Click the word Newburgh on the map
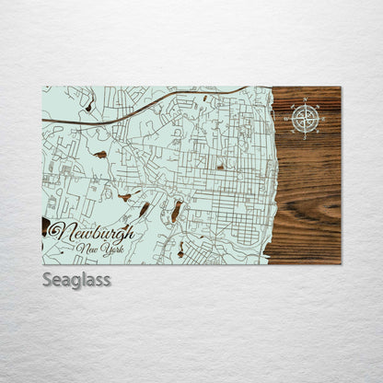91,232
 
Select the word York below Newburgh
111,249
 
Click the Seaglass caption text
76,279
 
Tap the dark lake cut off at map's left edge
46,226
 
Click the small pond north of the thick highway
89,107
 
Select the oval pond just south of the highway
99,155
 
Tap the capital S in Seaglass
47,279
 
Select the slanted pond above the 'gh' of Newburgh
144,210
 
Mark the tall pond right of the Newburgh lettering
175,213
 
